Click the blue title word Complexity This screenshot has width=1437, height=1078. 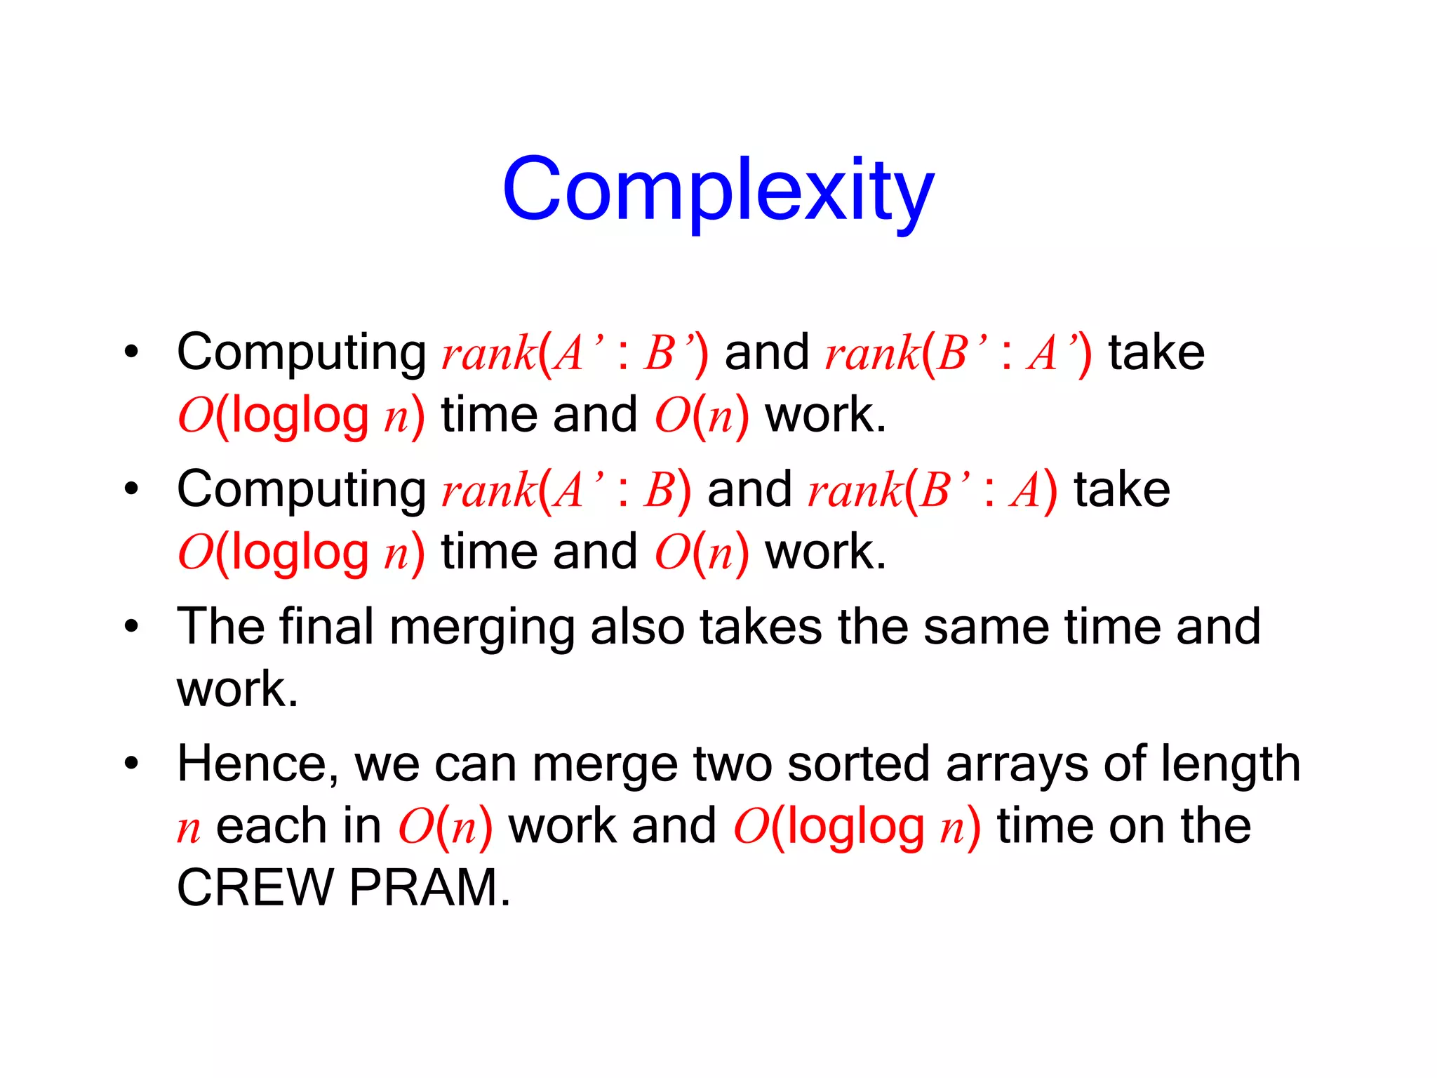click(x=718, y=189)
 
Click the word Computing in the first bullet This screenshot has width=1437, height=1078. click(x=301, y=352)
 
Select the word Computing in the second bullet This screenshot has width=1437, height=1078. click(x=301, y=489)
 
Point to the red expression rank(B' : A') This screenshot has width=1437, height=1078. click(x=958, y=352)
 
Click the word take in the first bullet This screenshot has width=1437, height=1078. click(x=1156, y=352)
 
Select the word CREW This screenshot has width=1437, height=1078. click(x=255, y=888)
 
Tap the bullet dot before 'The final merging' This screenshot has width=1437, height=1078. click(x=131, y=626)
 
